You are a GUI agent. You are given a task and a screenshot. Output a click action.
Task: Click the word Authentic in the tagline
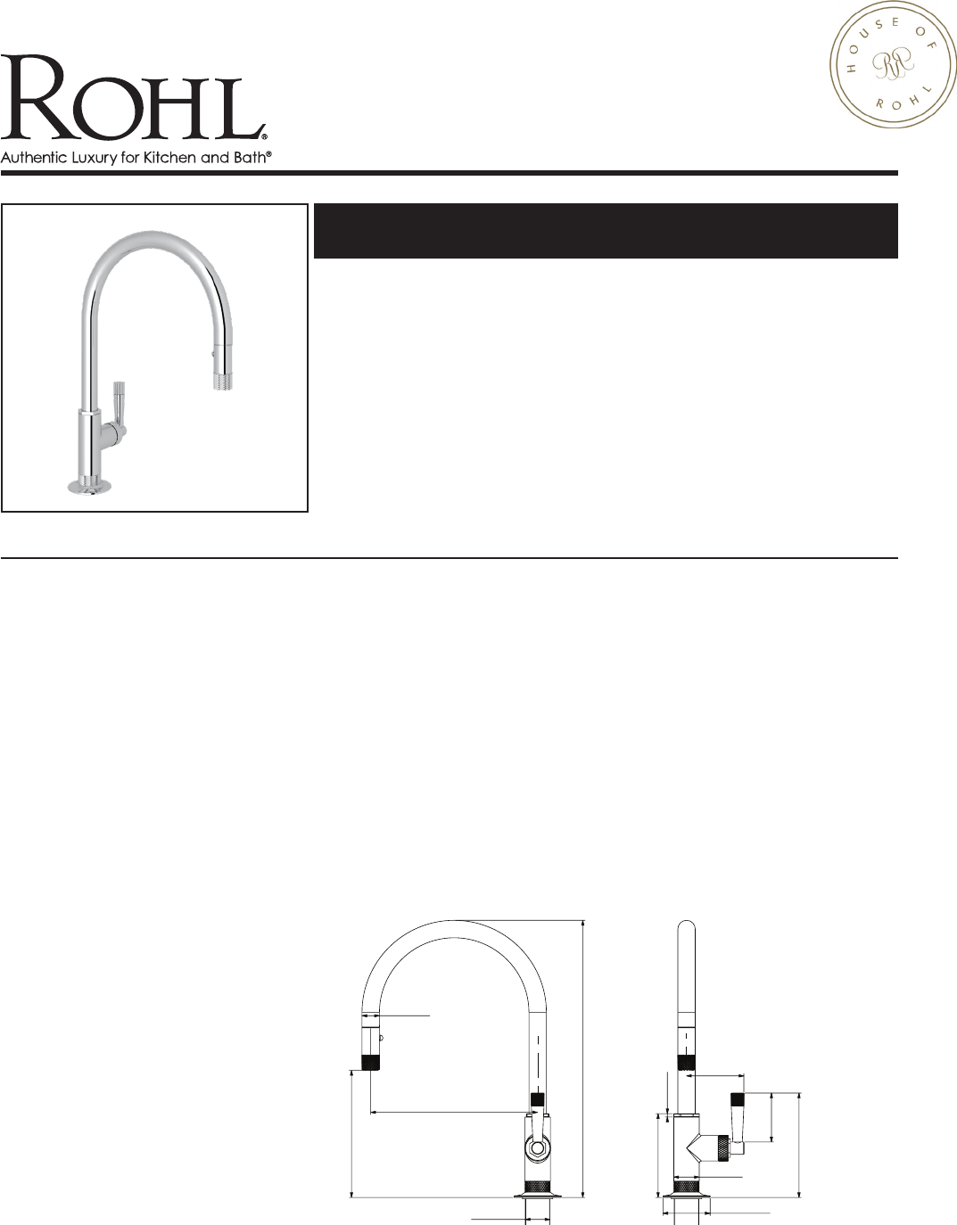pos(34,157)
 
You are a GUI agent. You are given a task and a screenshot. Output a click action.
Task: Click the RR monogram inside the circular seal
pos(893,66)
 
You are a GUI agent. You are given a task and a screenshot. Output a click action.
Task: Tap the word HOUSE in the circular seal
pos(862,49)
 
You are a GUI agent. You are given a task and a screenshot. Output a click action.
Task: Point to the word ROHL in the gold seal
pos(903,99)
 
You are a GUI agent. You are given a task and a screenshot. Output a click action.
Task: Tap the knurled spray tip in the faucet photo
pos(222,381)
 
